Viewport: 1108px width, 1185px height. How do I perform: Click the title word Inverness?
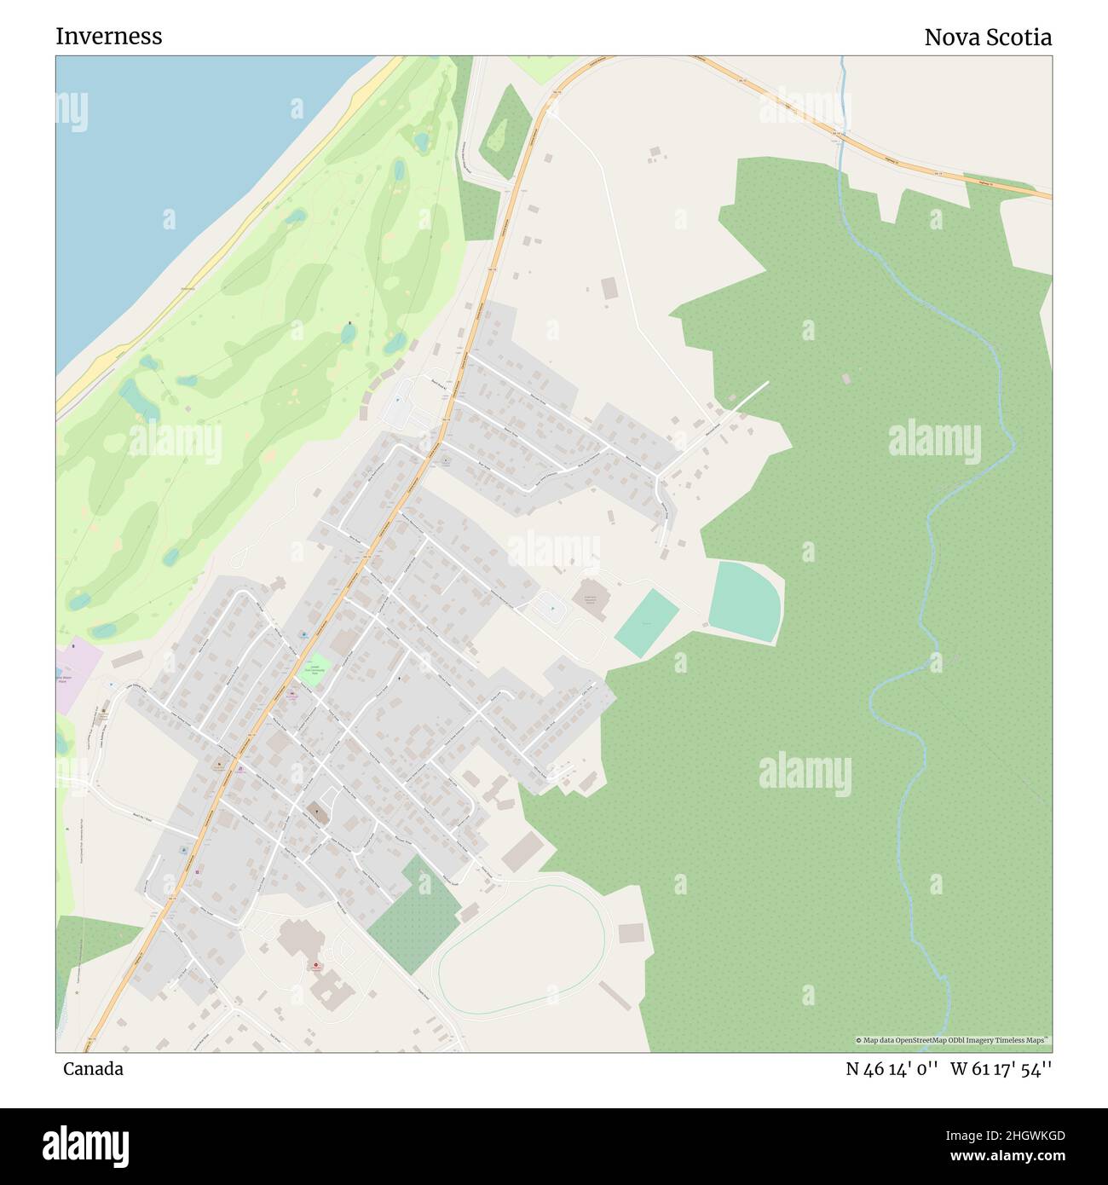coord(108,37)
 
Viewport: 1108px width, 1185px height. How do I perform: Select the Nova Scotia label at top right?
coord(987,38)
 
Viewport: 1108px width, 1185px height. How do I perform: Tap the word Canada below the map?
coord(92,1069)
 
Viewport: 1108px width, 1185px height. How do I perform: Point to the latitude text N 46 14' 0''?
coord(892,1069)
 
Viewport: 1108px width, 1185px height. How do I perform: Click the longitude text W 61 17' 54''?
coord(1001,1069)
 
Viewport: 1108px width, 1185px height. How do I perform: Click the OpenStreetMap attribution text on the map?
coord(952,1040)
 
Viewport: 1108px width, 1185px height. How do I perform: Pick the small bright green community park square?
coord(315,666)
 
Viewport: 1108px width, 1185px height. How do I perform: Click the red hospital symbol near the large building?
coord(316,967)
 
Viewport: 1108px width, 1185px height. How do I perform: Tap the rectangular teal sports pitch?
coord(646,623)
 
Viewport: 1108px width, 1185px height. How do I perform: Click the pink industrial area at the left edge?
coord(75,673)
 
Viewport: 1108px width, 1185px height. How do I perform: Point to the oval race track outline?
coord(522,949)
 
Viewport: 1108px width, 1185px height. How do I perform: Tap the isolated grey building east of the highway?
coord(609,288)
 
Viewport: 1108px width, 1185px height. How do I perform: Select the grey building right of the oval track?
coord(630,934)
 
